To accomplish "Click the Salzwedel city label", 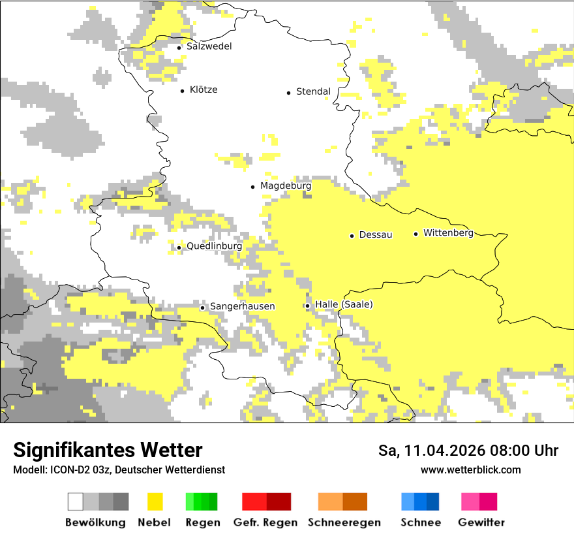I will click(209, 46).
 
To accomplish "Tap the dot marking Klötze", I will click(182, 91).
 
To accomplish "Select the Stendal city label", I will click(313, 91).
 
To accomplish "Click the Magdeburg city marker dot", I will click(252, 187).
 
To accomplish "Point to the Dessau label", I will click(376, 234).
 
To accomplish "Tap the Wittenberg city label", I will click(448, 232).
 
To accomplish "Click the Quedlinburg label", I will click(214, 246).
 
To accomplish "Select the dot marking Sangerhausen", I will click(202, 308).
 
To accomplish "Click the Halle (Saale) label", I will click(344, 304).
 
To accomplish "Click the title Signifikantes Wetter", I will click(108, 450).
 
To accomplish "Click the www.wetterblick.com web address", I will click(470, 470).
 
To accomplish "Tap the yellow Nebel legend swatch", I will click(155, 502).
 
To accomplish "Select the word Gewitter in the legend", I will click(481, 522).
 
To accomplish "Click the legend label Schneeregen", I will click(344, 522).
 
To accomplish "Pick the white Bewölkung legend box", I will click(76, 502).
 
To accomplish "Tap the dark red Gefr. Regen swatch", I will click(279, 502).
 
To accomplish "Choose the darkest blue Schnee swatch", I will click(433, 502).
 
